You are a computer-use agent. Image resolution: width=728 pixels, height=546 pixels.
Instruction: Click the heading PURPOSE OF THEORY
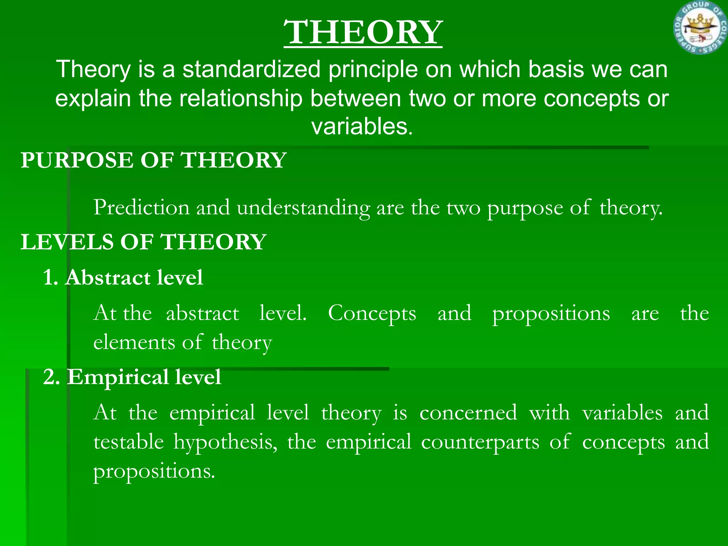[153, 160]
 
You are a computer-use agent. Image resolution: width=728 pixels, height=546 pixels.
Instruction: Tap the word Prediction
[141, 207]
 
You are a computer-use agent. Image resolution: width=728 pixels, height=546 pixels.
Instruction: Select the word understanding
[303, 208]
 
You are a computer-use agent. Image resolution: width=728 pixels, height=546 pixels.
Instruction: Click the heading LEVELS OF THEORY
[143, 242]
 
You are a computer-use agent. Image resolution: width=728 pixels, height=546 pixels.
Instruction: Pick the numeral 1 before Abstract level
[49, 278]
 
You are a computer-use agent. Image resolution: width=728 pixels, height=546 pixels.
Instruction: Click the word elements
[134, 342]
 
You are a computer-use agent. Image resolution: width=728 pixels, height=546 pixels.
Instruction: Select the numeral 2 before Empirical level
[49, 377]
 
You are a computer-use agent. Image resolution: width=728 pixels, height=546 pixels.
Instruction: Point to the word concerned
[468, 413]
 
